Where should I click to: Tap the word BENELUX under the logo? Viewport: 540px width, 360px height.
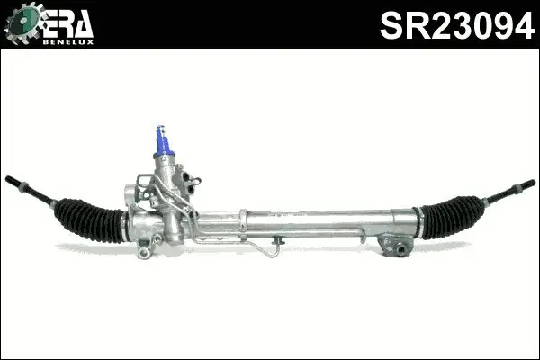[x=73, y=40]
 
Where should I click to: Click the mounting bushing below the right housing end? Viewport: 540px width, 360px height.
[x=395, y=246]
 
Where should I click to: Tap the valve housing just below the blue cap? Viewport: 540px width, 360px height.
[x=167, y=175]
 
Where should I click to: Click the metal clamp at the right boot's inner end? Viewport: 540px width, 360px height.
[x=418, y=217]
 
